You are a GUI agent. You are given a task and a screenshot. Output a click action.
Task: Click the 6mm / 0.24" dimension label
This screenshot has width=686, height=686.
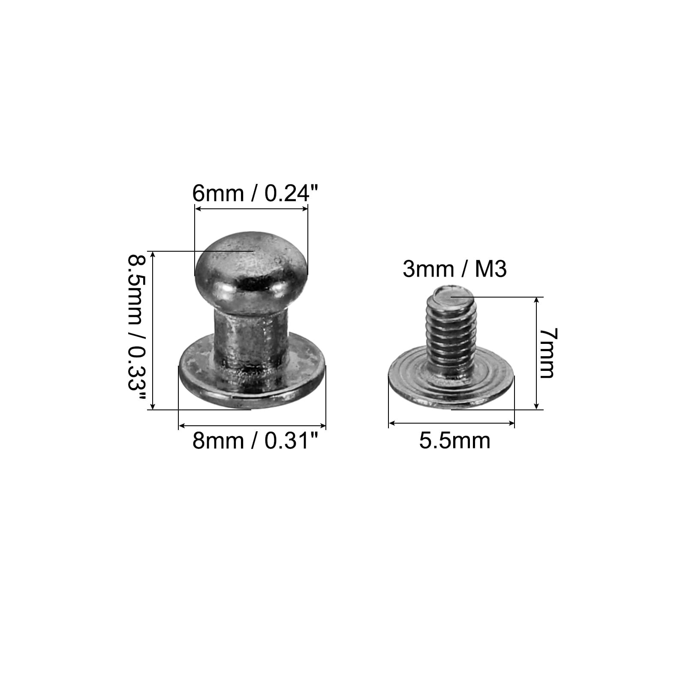(x=256, y=193)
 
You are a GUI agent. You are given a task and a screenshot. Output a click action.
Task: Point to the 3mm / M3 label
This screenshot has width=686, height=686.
(x=455, y=269)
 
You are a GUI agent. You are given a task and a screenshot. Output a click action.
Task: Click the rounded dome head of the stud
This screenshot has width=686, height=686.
(x=251, y=268)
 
